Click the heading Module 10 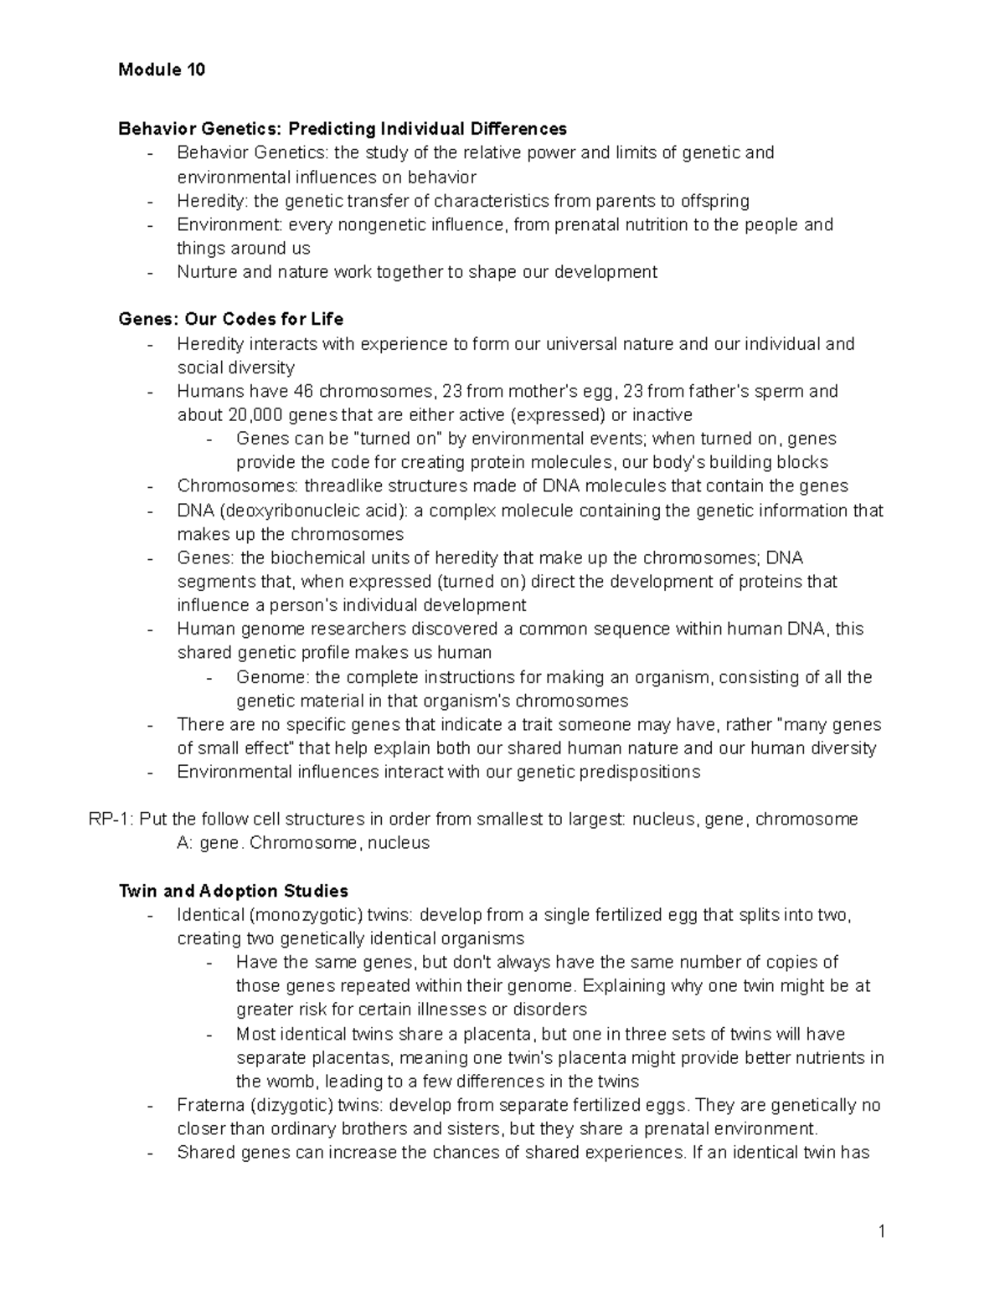[162, 69]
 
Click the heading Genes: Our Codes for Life [231, 319]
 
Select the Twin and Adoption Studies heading [234, 891]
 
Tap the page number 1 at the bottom [881, 1231]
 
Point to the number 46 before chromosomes [303, 391]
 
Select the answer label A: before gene [185, 843]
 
